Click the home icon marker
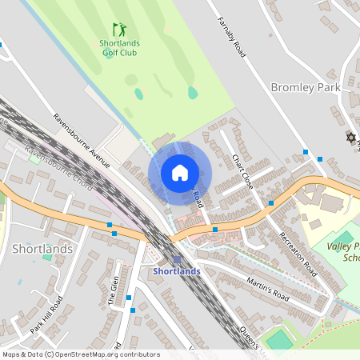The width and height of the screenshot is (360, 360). (180, 173)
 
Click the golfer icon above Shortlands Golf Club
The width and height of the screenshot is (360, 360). (119, 30)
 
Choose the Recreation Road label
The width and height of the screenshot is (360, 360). (298, 251)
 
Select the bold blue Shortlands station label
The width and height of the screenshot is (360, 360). (176, 272)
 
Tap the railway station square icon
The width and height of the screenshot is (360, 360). (177, 259)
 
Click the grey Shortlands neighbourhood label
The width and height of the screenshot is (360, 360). (43, 249)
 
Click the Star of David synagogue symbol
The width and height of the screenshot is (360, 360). (350, 138)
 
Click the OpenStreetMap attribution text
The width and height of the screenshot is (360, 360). (80, 354)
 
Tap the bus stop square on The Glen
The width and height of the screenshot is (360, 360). (128, 298)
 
